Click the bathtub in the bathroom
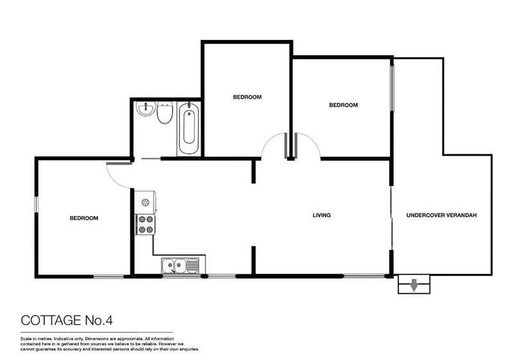(188, 129)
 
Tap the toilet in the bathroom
(165, 113)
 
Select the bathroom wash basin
(145, 109)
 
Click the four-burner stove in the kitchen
(145, 224)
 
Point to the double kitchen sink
(181, 265)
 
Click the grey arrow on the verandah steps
(414, 285)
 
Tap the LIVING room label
(321, 215)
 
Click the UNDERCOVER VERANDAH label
(442, 215)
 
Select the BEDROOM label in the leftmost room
(84, 218)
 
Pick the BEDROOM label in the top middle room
(247, 97)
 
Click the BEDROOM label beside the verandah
(343, 105)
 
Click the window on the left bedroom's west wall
(36, 204)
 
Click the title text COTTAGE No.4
(67, 320)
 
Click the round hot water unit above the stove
(145, 202)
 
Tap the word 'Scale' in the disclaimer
(26, 339)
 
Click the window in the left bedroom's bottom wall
(109, 276)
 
